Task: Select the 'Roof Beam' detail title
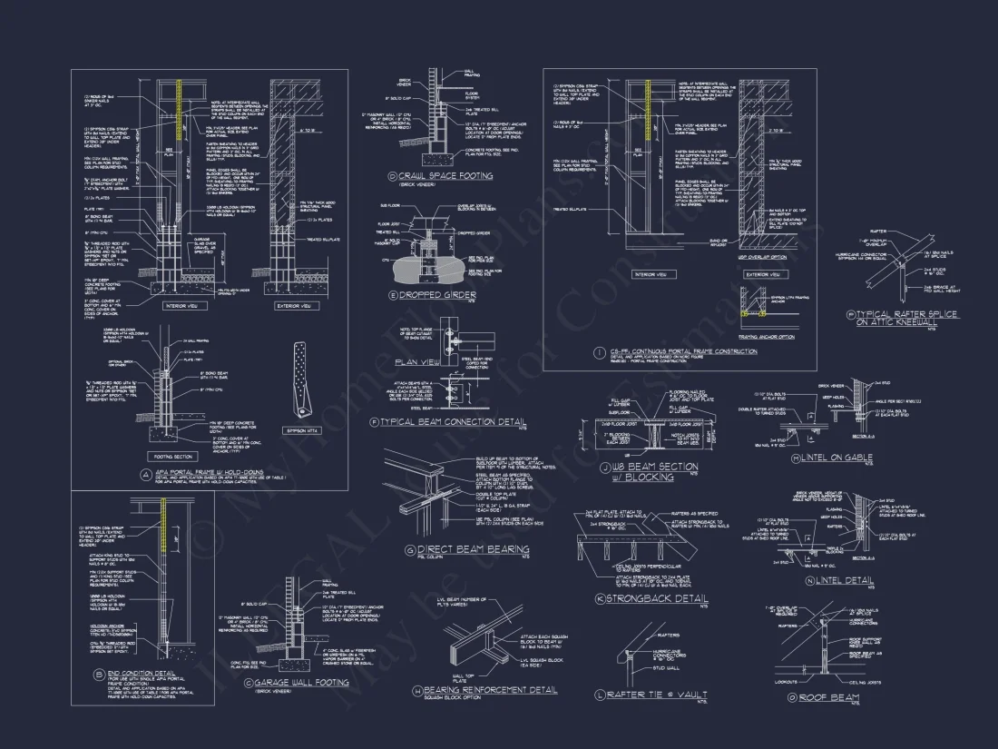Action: point(829,697)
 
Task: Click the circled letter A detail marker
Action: point(145,474)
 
